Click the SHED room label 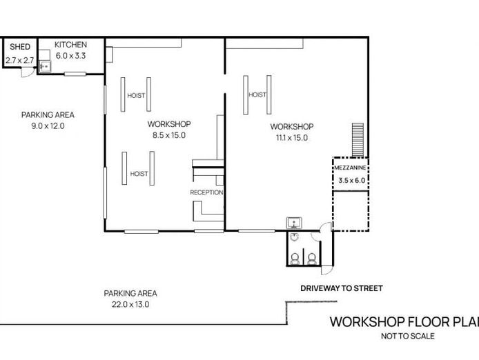click(20, 47)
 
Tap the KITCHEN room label click(70, 45)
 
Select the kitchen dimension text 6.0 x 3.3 click(70, 56)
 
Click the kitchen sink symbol click(45, 66)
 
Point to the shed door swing click(26, 72)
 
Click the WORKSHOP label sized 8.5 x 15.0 click(169, 124)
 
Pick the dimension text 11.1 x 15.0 click(292, 138)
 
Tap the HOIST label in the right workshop click(257, 94)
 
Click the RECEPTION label click(206, 192)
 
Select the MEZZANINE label click(350, 168)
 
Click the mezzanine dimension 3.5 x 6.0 click(351, 181)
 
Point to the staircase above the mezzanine click(358, 140)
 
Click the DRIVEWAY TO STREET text click(342, 288)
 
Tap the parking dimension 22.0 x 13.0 click(130, 304)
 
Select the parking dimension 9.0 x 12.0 click(48, 126)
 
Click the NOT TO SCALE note click(408, 336)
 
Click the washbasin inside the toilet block click(294, 237)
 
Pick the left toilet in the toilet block click(295, 259)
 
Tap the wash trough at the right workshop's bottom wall click(294, 223)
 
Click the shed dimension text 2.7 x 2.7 click(20, 60)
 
